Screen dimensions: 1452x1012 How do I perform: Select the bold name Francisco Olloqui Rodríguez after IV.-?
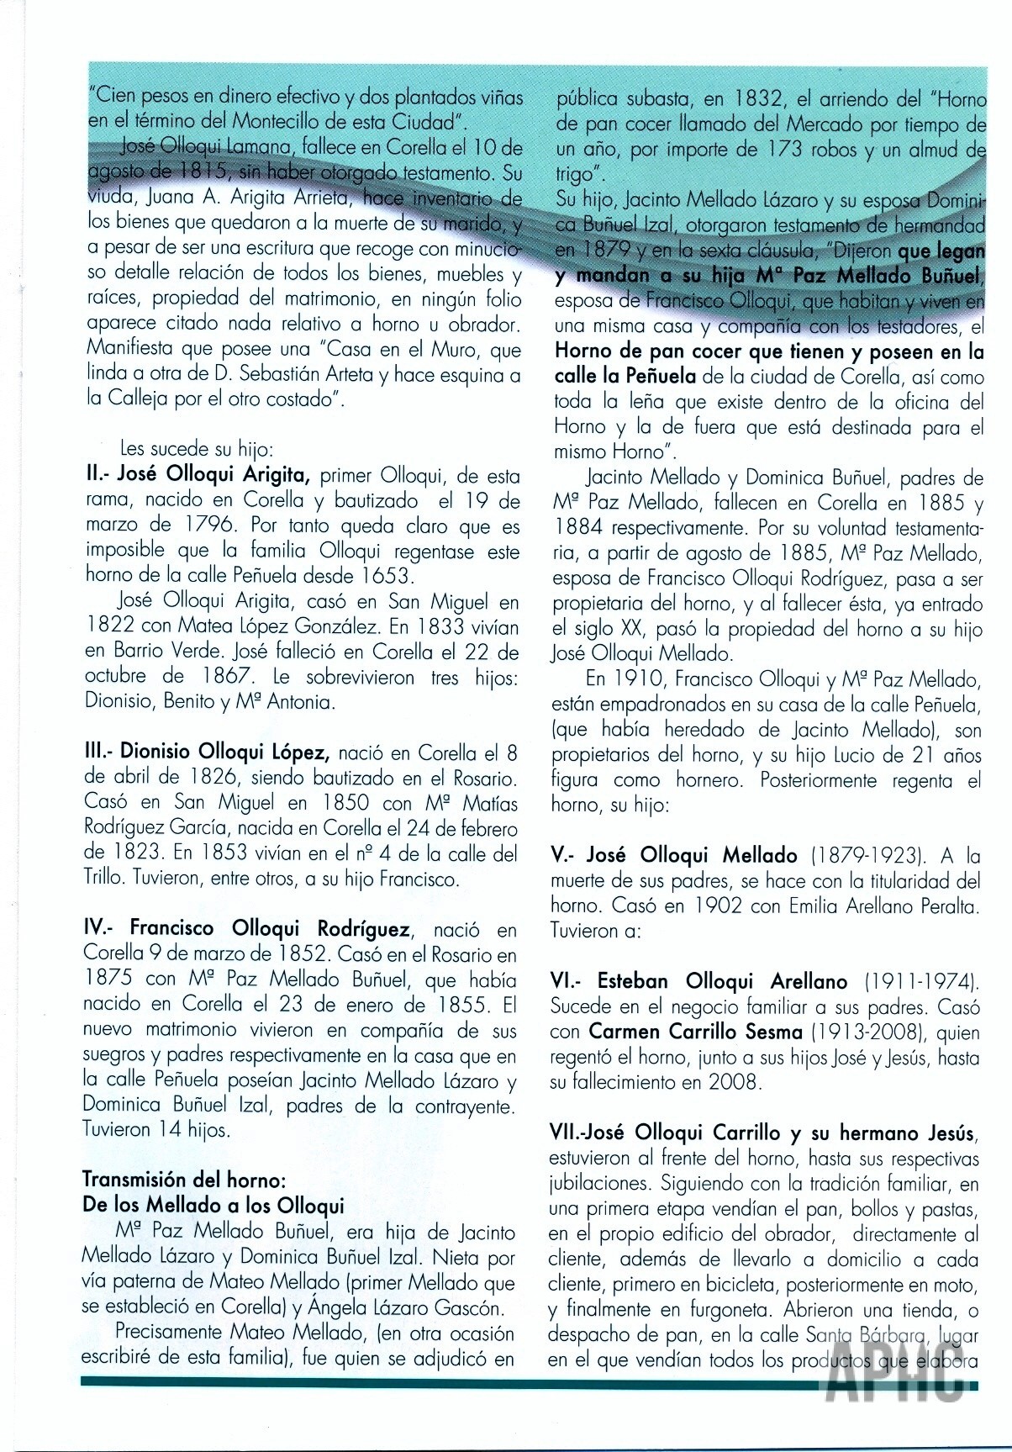tap(270, 929)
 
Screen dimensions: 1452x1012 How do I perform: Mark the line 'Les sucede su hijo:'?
tap(196, 449)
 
